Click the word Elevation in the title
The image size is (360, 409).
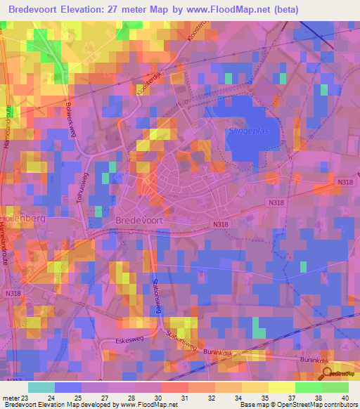coord(89,9)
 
